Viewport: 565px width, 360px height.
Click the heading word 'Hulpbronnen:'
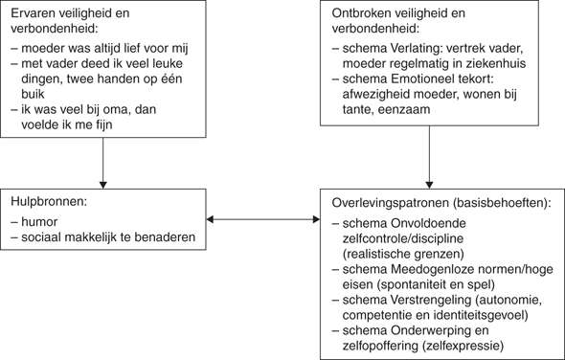tap(50, 203)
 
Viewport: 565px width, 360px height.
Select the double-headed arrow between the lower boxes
tap(262, 221)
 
